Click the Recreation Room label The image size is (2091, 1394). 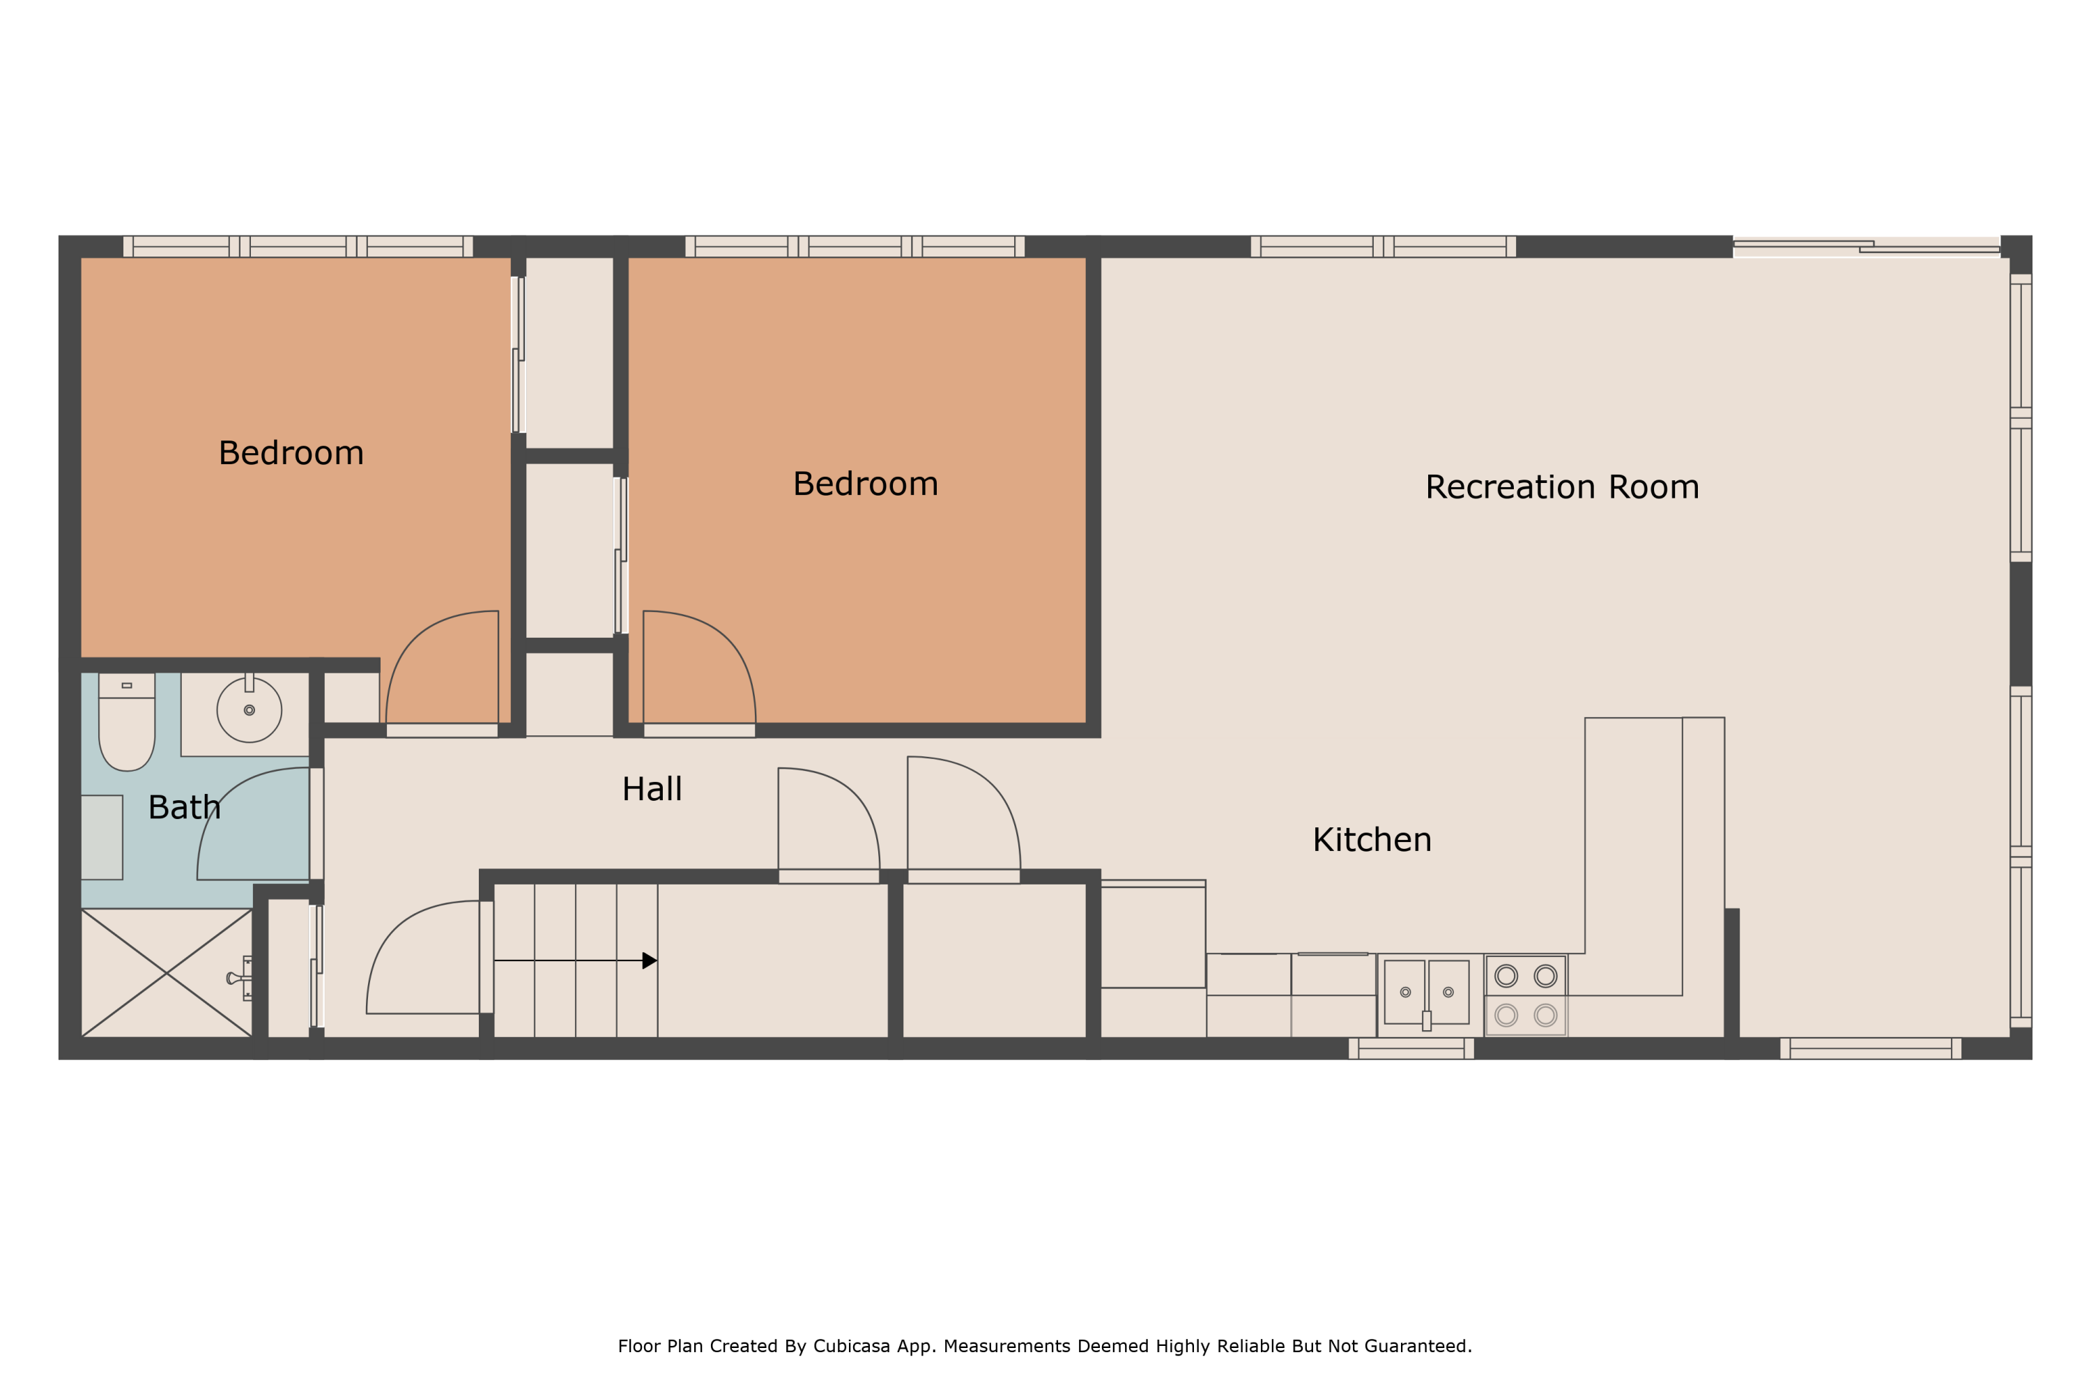click(1562, 487)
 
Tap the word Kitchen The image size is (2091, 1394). click(1372, 840)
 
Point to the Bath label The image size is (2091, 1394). click(184, 807)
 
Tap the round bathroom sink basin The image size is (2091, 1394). click(249, 710)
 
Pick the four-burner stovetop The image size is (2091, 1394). click(1526, 996)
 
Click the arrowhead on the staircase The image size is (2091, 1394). click(650, 960)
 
